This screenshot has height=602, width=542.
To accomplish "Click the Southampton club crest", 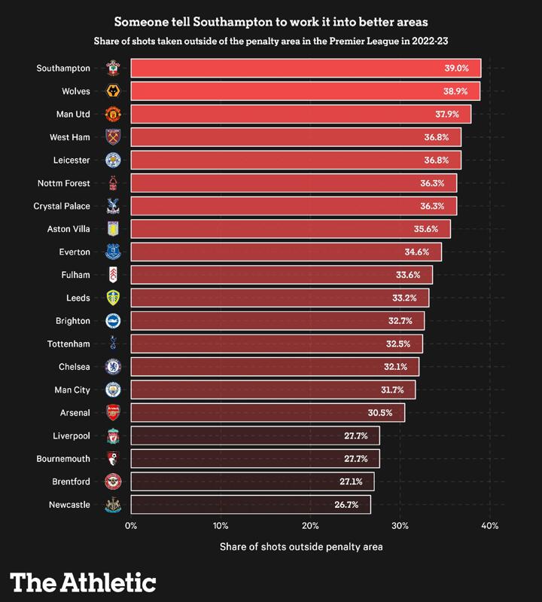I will (112, 69).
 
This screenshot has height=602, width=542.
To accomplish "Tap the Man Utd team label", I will (75, 115).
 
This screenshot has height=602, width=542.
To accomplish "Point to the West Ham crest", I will (112, 137).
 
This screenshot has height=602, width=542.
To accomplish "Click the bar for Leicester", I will (295, 160).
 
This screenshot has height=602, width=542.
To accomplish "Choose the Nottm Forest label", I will (63, 183).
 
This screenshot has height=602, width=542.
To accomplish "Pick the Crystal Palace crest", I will (112, 206).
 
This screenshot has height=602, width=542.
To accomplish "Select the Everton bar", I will (286, 252).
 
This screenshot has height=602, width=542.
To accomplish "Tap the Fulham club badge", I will (112, 275).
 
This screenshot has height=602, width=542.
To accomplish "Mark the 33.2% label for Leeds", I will (404, 298).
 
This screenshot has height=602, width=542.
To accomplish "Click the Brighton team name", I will (72, 321).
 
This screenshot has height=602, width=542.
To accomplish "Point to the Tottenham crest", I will (112, 344).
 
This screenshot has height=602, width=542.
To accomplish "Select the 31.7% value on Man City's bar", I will (392, 390).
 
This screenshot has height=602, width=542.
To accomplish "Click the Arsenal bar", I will (267, 413).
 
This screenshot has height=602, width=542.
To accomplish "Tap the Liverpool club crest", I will (112, 436).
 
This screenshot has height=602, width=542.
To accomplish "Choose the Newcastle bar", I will (251, 505).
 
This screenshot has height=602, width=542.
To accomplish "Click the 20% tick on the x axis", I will (310, 526).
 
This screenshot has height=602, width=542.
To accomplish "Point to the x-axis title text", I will (301, 546).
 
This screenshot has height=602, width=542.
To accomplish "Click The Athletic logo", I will (83, 582).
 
